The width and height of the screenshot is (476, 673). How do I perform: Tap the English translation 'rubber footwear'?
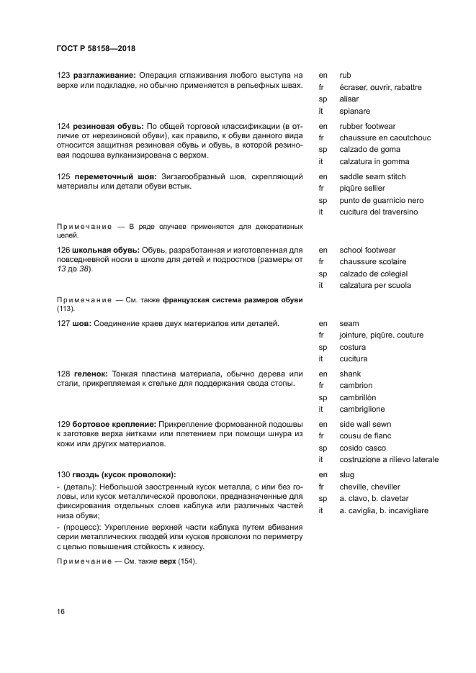[x=367, y=126]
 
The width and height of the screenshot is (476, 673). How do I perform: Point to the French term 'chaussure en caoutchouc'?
[x=384, y=137]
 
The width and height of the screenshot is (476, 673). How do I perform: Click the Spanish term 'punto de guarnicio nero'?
[x=381, y=200]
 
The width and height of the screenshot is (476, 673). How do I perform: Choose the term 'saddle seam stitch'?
[x=372, y=176]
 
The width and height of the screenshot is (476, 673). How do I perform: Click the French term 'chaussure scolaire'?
[x=372, y=261]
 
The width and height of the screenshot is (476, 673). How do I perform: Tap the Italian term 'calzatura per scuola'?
[x=375, y=285]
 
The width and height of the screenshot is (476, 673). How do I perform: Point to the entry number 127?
[x=63, y=323]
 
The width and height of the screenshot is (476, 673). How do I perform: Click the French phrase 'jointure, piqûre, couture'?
[x=381, y=335]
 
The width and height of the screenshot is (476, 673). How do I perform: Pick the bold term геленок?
[x=91, y=374]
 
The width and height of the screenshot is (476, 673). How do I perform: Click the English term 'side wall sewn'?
[x=366, y=424]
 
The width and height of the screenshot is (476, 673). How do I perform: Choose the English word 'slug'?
[x=347, y=474]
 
